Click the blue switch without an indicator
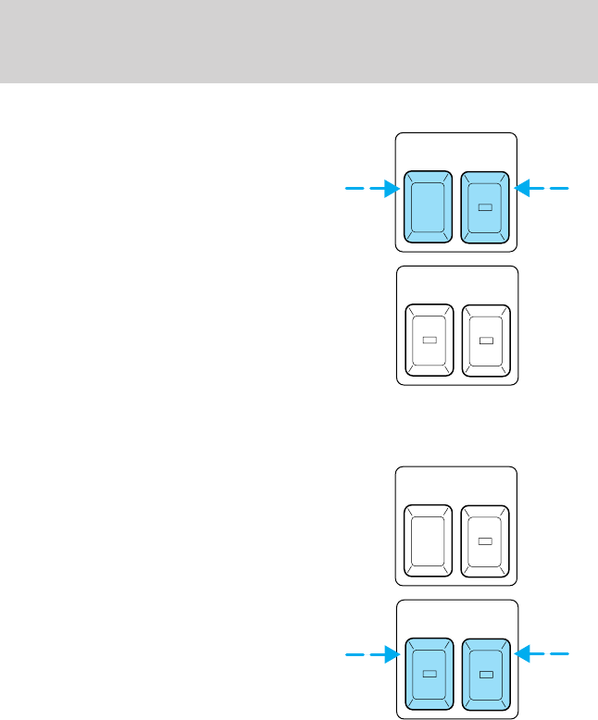(x=428, y=205)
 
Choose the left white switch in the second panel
(x=429, y=340)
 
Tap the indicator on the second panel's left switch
(x=429, y=341)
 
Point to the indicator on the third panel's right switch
(x=485, y=540)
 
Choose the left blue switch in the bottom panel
(x=428, y=673)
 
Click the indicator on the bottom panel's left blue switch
(x=429, y=674)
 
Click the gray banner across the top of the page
(x=299, y=42)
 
